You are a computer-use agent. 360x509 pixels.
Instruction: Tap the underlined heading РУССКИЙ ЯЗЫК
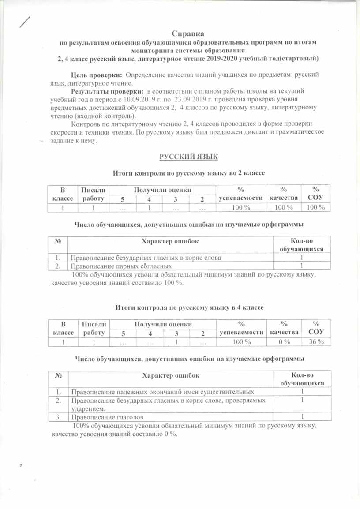pos(188,157)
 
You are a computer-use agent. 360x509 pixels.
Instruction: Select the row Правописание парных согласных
pos(120,266)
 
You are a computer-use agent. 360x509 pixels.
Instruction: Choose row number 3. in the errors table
pos(58,417)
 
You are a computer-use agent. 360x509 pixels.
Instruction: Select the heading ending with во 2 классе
pos(189,174)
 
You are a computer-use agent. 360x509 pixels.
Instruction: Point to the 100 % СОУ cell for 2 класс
pos(315,207)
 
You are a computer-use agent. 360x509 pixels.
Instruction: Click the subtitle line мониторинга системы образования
pos(187,50)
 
